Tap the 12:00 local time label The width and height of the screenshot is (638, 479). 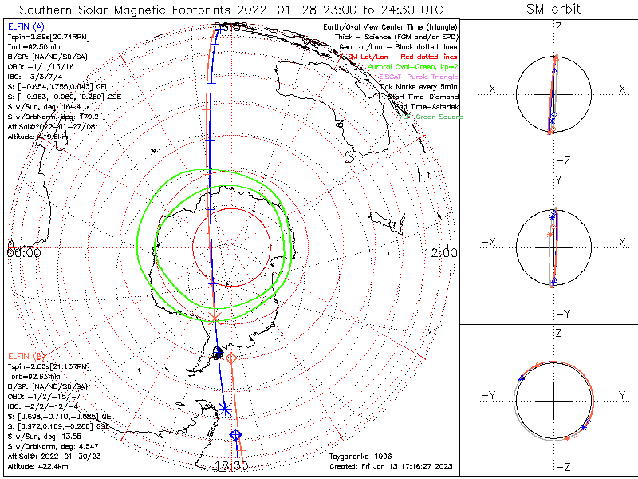click(442, 253)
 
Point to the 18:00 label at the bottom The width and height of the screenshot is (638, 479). click(231, 466)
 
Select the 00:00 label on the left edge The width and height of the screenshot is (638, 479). click(23, 253)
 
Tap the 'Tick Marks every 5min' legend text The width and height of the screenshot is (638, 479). click(419, 86)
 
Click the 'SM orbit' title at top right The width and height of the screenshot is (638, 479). click(553, 10)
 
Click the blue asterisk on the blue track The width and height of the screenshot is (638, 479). click(225, 409)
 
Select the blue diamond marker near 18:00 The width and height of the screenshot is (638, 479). click(236, 434)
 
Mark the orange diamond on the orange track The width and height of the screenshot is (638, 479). click(231, 358)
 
